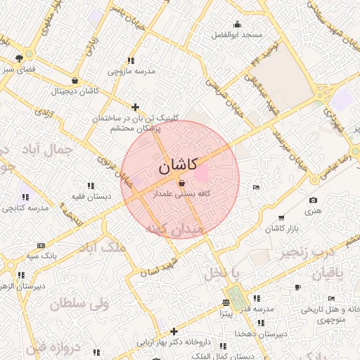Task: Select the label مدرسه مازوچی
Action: pyautogui.click(x=130, y=71)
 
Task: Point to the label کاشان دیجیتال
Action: pyautogui.click(x=74, y=91)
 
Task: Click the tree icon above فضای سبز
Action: pyautogui.click(x=19, y=58)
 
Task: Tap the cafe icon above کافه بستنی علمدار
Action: pyautogui.click(x=182, y=183)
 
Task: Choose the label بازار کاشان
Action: pyautogui.click(x=282, y=229)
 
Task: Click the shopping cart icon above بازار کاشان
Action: pyautogui.click(x=282, y=217)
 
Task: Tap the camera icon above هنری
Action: pyautogui.click(x=313, y=200)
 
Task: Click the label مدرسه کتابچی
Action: pyautogui.click(x=25, y=208)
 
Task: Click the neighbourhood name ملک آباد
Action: pyautogui.click(x=105, y=247)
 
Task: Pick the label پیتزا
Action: pyautogui.click(x=225, y=314)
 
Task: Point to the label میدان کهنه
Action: pyautogui.click(x=174, y=229)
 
